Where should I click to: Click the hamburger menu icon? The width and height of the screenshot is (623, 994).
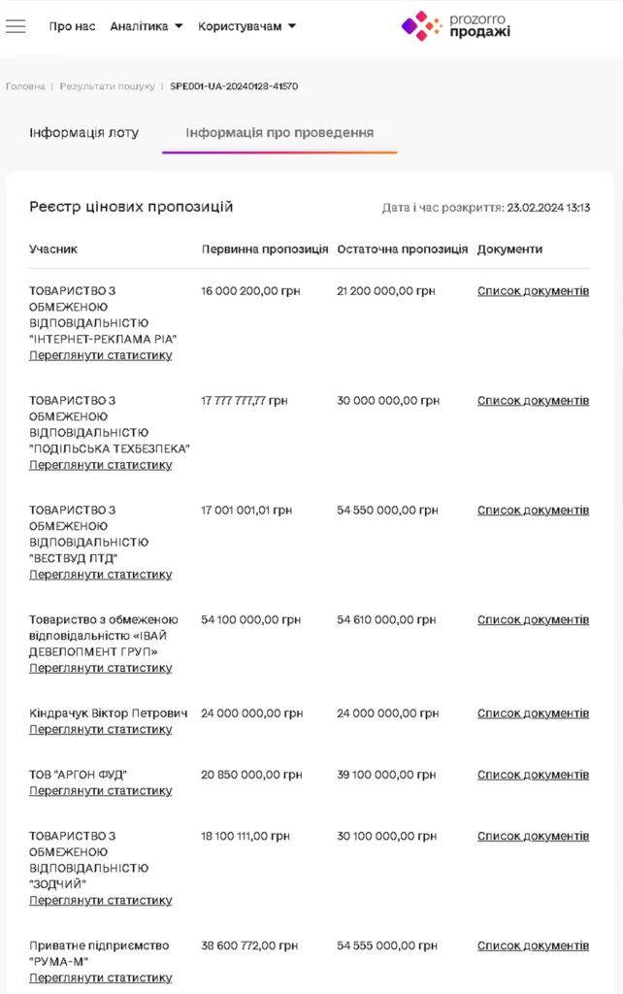pos(16,26)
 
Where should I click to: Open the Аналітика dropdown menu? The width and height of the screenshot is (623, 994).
pos(146,26)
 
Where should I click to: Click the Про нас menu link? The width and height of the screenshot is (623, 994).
pos(73,26)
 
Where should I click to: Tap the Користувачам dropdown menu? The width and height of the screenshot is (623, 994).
pos(247,26)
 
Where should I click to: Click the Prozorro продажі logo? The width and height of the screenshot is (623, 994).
pos(456,25)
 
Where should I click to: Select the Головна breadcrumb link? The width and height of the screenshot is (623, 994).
pos(25,86)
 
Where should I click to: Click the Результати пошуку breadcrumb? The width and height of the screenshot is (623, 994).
pos(107,86)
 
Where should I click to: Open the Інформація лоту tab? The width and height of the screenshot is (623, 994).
pos(84,133)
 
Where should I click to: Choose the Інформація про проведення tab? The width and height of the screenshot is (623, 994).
pos(279,133)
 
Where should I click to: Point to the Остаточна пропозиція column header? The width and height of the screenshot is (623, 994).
pos(403,249)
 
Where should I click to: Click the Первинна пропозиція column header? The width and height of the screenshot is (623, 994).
pos(265,249)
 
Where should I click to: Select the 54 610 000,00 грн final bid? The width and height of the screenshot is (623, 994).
pos(387,620)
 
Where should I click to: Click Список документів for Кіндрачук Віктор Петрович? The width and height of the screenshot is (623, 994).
pos(533,713)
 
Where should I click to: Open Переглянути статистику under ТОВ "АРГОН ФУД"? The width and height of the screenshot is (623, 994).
pos(101,791)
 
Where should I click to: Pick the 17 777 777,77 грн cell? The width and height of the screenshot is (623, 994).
pos(245,401)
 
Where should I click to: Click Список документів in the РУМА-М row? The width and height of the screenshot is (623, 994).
pos(533,946)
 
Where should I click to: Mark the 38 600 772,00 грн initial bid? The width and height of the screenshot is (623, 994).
pos(249,946)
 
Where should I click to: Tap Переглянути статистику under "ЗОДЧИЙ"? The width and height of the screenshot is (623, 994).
pos(101,901)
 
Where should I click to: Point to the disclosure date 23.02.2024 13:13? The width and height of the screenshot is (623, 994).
pos(548,208)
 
